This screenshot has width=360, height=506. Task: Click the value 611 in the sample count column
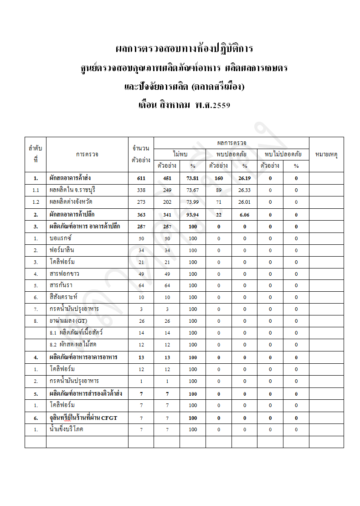141,178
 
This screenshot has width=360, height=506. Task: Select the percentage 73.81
192,178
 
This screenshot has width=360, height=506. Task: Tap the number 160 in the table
218,178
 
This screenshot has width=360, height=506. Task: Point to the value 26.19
244,178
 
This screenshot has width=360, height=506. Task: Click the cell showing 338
141,190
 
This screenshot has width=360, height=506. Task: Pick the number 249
167,190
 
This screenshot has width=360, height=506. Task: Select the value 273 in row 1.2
141,202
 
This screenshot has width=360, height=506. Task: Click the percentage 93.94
192,214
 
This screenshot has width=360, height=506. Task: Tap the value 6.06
244,214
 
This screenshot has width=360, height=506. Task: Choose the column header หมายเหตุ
326,155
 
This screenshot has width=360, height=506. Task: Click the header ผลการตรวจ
231,143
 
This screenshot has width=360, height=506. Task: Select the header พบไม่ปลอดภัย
283,154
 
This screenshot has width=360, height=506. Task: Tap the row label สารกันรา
61,285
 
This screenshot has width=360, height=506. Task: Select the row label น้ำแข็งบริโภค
67,429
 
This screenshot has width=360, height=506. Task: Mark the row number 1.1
36,190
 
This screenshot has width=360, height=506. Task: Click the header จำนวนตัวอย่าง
141,155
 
